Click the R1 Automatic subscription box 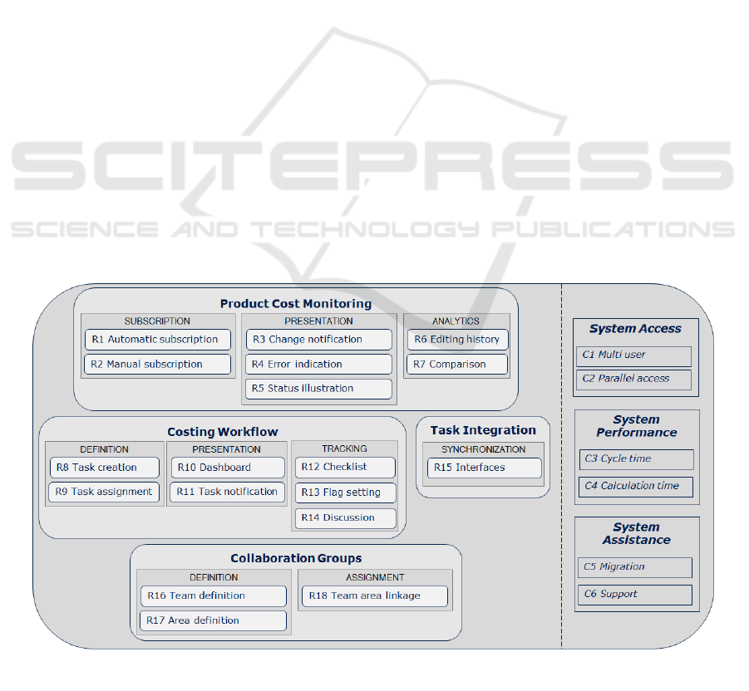(x=158, y=340)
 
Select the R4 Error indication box (x=319, y=364)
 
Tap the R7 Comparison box (x=457, y=364)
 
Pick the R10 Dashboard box (x=228, y=468)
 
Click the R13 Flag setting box (x=346, y=493)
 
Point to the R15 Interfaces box (x=485, y=468)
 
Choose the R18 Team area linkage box (x=375, y=596)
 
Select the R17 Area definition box (x=213, y=620)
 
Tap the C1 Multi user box (x=634, y=356)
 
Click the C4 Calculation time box (x=636, y=487)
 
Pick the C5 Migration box (x=635, y=567)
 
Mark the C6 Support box (x=635, y=595)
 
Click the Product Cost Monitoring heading (x=296, y=303)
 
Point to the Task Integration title (x=483, y=430)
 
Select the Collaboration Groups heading (x=296, y=558)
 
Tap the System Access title (x=635, y=328)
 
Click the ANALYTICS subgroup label (x=456, y=321)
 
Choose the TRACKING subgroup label (x=344, y=448)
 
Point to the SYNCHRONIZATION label (x=484, y=449)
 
